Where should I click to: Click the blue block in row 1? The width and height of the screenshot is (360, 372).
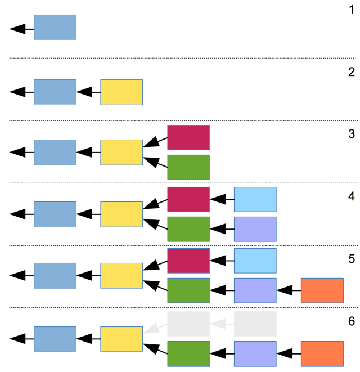[55, 27]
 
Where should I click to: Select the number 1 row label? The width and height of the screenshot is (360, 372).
[352, 10]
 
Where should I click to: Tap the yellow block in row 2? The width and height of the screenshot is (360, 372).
[121, 92]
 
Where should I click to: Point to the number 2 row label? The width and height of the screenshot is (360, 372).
[352, 72]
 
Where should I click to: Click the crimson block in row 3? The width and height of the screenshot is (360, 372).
[188, 138]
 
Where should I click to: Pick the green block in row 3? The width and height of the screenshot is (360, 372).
[188, 167]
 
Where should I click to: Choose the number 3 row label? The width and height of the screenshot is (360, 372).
[352, 134]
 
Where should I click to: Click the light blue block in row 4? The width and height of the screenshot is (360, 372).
[255, 199]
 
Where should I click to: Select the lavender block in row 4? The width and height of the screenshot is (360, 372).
[255, 229]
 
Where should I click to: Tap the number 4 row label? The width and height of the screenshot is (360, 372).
[352, 196]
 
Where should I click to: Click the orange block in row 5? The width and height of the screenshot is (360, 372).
[322, 290]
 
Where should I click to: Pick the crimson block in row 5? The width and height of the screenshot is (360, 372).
[188, 261]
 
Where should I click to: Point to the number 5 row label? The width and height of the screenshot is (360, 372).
[352, 259]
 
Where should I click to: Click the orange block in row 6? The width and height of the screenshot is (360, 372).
[322, 354]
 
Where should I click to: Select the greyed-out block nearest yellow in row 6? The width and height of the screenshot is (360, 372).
[188, 324]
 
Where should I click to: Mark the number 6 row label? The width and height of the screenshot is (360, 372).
[352, 321]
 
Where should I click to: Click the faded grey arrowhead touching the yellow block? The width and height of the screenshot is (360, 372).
[152, 329]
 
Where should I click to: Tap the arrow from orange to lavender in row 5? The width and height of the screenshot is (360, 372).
[289, 290]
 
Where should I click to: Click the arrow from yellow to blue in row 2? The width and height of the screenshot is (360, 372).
[88, 92]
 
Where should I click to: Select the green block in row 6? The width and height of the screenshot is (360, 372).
[188, 354]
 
